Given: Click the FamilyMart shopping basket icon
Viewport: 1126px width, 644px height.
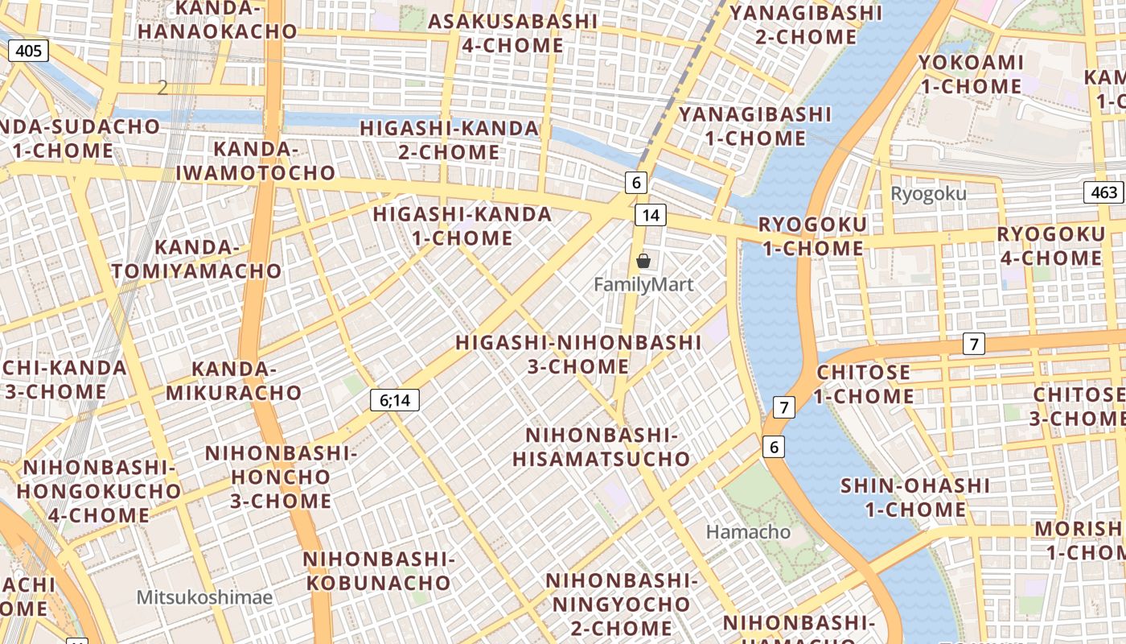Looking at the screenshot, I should tap(643, 261).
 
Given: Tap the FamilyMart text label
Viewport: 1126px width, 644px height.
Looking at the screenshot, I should tap(643, 284).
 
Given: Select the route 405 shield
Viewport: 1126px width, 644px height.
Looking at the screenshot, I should tap(29, 52).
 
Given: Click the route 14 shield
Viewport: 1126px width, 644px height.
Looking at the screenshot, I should tap(651, 215).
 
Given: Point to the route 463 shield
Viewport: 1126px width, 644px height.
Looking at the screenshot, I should tap(1104, 192).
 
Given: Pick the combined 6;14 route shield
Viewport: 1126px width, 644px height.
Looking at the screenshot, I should tap(395, 399).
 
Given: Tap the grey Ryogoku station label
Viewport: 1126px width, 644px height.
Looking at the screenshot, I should tap(929, 194).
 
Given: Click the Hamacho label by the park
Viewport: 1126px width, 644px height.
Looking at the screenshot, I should tap(748, 532).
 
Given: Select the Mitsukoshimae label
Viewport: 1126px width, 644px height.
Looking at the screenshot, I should tap(204, 597).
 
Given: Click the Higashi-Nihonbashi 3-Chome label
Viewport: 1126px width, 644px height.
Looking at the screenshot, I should tap(578, 354).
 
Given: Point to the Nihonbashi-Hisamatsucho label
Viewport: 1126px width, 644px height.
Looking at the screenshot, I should tap(602, 447).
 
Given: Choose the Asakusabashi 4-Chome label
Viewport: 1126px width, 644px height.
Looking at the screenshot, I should tap(513, 33).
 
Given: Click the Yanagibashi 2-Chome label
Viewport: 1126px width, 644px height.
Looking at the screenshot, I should tap(806, 25).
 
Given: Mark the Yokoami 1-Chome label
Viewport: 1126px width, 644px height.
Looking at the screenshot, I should tap(971, 74).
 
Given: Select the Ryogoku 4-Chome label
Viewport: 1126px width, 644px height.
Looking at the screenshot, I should tap(1051, 246).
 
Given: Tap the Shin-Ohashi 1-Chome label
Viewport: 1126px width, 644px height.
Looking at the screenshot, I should tap(915, 497).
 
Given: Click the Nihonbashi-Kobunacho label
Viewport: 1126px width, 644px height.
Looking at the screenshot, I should tap(379, 570).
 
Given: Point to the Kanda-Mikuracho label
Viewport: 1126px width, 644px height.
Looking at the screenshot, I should tap(234, 381).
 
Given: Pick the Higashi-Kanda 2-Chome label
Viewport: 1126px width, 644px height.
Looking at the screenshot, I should tap(449, 140).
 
